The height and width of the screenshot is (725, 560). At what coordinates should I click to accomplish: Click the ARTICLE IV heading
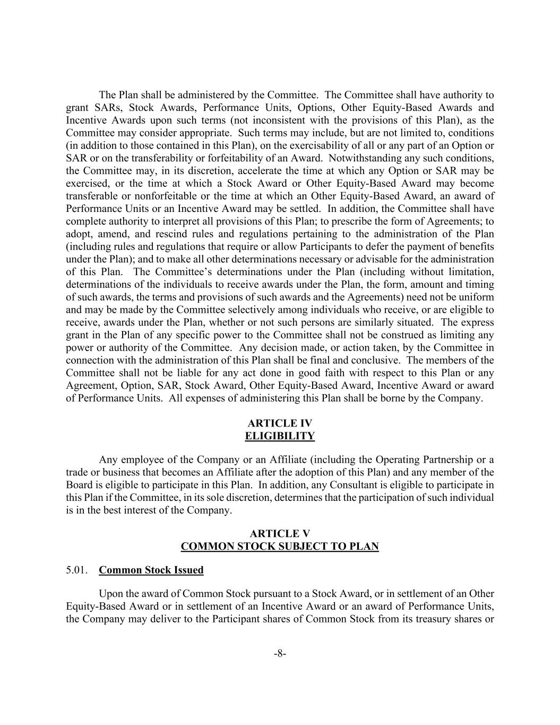pos(280,423)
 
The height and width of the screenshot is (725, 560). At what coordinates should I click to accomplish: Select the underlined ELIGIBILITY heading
pos(280,436)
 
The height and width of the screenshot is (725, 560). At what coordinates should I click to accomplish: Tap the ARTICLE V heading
pos(280,534)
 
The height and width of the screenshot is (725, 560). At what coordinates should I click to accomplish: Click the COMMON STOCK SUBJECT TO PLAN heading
pos(280,547)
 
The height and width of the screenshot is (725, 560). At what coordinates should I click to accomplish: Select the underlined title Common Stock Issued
pos(151,570)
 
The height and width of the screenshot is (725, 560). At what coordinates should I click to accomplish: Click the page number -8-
pos(280,654)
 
